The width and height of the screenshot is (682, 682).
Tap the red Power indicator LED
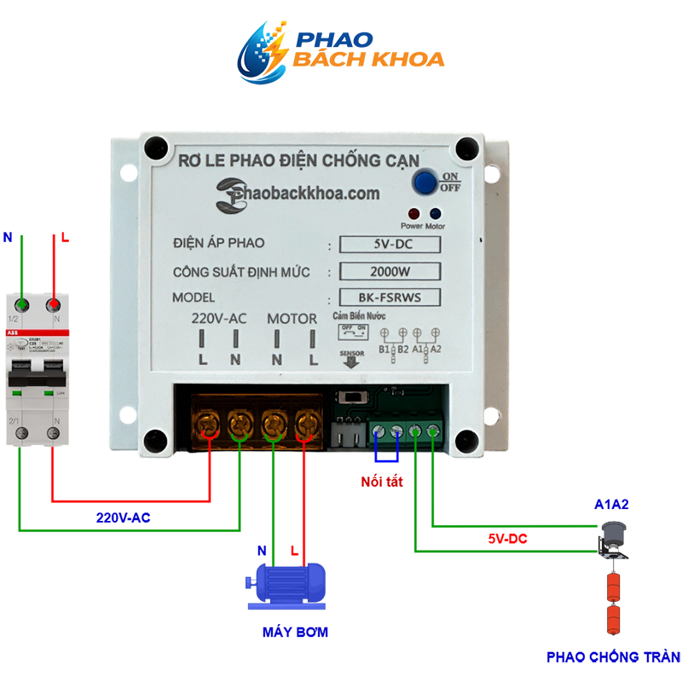pyautogui.click(x=413, y=214)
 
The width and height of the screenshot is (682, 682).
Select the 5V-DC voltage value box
pyautogui.click(x=390, y=245)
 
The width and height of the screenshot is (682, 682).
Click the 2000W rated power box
pyautogui.click(x=390, y=272)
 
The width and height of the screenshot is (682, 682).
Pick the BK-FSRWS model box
pyautogui.click(x=390, y=298)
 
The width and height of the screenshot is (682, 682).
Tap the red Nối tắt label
pyautogui.click(x=381, y=482)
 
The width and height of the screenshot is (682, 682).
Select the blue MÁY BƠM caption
pyautogui.click(x=294, y=633)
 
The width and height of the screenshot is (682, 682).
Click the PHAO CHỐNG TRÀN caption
pyautogui.click(x=613, y=657)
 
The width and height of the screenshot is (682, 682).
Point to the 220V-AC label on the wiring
pyautogui.click(x=124, y=517)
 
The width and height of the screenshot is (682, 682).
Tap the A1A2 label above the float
pyautogui.click(x=611, y=504)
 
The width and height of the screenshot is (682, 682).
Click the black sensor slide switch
pyautogui.click(x=350, y=399)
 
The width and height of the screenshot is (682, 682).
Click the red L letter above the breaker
pyautogui.click(x=64, y=239)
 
